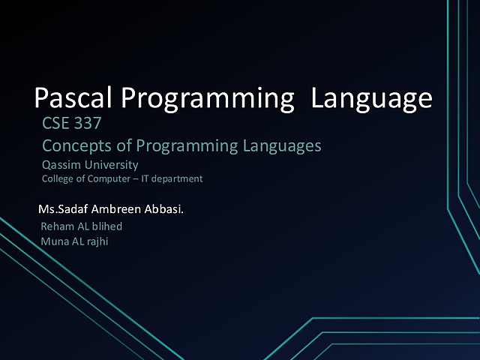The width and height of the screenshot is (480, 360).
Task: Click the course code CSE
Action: click(x=57, y=124)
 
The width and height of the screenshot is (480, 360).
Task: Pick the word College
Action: click(x=57, y=179)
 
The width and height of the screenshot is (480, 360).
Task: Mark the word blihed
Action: click(x=106, y=226)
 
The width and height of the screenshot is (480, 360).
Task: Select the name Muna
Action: click(x=53, y=241)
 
